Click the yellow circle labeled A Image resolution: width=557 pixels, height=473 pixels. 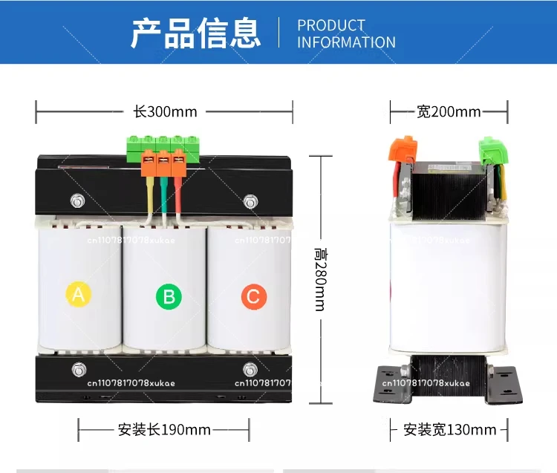79,294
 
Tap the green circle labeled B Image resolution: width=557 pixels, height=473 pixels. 169,296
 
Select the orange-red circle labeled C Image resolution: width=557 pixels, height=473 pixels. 254,296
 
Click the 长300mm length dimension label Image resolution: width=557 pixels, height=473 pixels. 165,112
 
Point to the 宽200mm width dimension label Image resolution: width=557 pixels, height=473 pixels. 449,112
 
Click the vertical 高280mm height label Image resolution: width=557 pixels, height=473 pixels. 321,279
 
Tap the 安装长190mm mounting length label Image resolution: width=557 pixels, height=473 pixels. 164,430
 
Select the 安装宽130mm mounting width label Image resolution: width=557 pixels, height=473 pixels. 450,430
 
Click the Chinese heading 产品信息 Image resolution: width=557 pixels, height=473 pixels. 196,33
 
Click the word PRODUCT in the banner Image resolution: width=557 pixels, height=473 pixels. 331,25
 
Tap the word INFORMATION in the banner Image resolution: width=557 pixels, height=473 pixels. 346,42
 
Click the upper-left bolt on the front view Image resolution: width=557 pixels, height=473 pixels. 77,201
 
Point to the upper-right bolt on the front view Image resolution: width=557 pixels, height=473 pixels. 251,201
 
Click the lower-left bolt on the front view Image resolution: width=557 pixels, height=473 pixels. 79,370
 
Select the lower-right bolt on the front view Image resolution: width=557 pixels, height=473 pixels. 250,370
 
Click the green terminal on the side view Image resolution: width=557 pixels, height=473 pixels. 493,150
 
